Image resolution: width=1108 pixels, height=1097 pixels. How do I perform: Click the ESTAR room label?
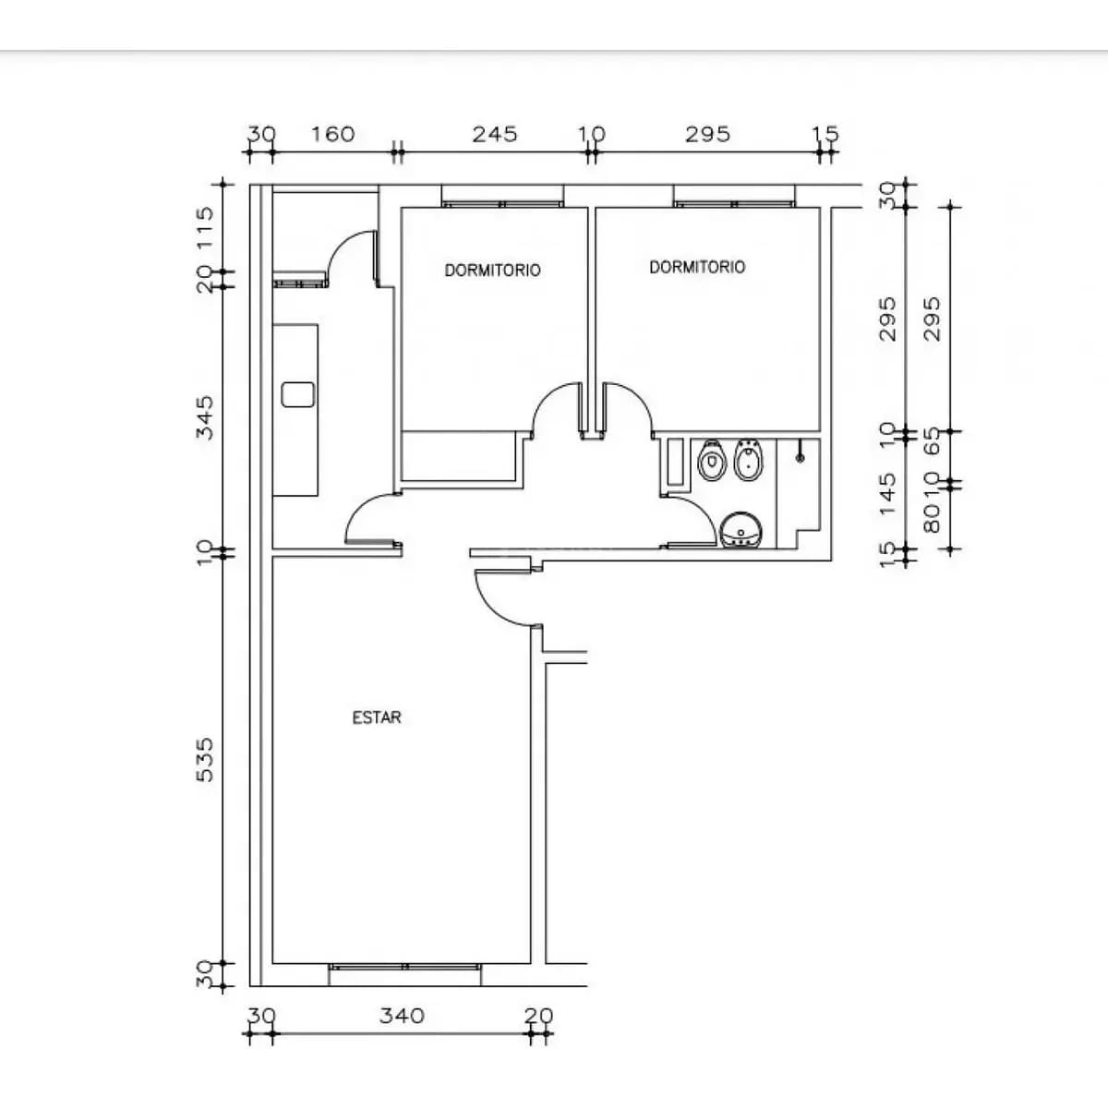pyautogui.click(x=377, y=717)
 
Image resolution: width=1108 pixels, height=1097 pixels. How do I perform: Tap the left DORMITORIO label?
pyautogui.click(x=492, y=270)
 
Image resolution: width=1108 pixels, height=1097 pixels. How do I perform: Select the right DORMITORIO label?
pyautogui.click(x=697, y=267)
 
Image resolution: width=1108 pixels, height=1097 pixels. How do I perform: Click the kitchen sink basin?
pyautogui.click(x=298, y=394)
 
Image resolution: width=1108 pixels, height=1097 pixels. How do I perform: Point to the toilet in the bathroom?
pyautogui.click(x=711, y=459)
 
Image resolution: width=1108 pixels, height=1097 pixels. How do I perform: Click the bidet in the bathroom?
pyautogui.click(x=748, y=459)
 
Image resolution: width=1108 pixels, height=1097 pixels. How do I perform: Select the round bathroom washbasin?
pyautogui.click(x=741, y=530)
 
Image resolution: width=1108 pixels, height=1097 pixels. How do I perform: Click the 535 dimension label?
pyautogui.click(x=205, y=760)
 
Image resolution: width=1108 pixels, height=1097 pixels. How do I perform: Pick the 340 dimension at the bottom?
pyautogui.click(x=402, y=1016)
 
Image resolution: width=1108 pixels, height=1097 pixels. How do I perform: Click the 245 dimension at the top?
pyautogui.click(x=495, y=135)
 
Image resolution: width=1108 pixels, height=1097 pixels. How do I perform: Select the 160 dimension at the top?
pyautogui.click(x=333, y=135)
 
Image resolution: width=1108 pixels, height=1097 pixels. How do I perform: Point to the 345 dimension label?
pyautogui.click(x=205, y=417)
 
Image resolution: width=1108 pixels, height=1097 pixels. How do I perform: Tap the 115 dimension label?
pyautogui.click(x=205, y=228)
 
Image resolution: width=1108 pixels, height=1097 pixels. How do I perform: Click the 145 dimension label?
pyautogui.click(x=887, y=494)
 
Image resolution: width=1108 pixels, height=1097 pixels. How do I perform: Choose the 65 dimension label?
pyautogui.click(x=932, y=441)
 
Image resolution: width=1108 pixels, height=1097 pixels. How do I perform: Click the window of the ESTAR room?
pyautogui.click(x=404, y=967)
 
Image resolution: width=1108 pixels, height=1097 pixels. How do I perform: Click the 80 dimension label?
pyautogui.click(x=932, y=518)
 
